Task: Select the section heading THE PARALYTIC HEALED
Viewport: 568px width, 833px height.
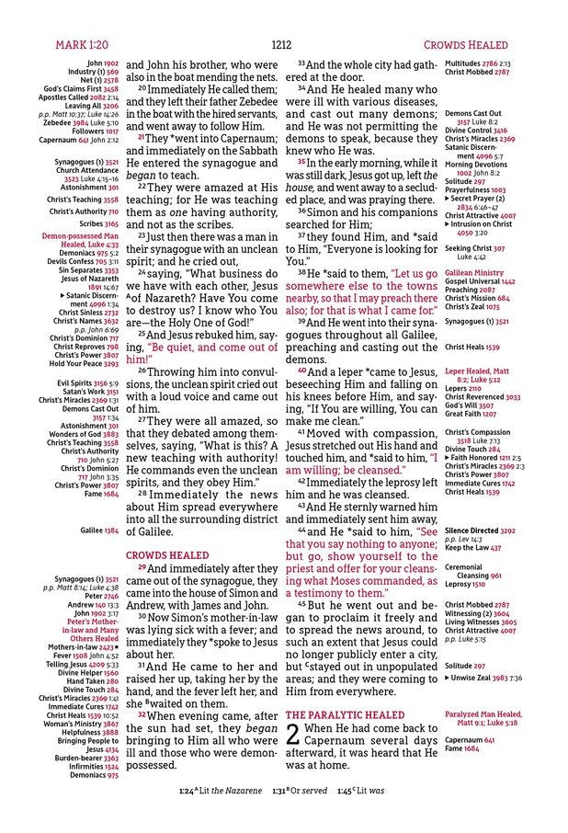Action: [345, 714]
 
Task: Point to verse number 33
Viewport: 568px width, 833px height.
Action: [301, 63]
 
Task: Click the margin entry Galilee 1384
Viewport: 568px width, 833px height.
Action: [99, 531]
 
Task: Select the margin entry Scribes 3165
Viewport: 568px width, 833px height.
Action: [98, 223]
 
